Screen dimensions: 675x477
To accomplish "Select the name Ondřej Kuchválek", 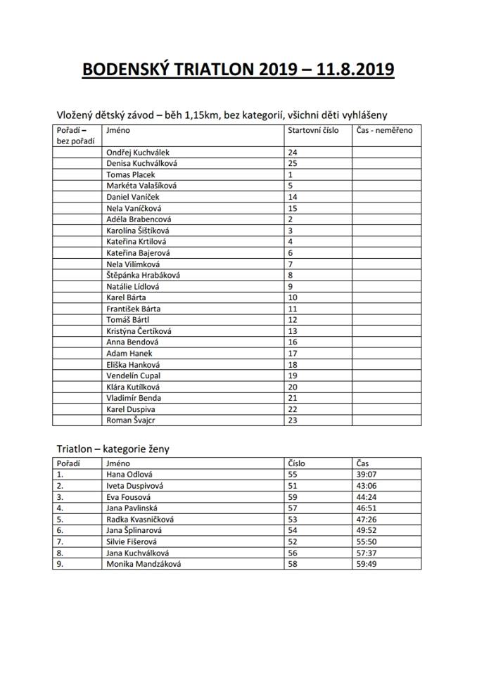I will (137, 152).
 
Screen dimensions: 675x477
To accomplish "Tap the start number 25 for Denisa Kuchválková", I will (293, 163).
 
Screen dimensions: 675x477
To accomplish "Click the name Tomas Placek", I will (130, 174).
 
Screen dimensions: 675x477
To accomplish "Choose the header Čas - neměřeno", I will (385, 130).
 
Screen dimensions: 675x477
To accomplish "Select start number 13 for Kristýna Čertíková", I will (293, 331).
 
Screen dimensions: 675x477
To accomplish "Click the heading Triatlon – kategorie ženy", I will (113, 448).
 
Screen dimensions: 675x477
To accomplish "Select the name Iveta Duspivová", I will (136, 485).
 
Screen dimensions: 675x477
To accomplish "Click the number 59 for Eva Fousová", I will (293, 496).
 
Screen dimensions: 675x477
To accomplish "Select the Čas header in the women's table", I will (362, 463).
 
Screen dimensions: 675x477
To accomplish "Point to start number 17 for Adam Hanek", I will (293, 354).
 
